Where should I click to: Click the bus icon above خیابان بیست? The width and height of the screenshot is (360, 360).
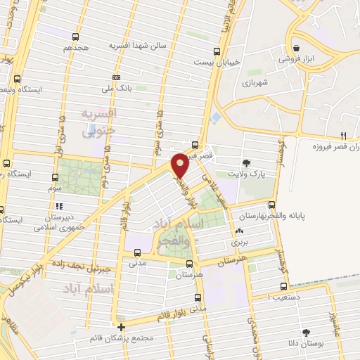click(x=216, y=51)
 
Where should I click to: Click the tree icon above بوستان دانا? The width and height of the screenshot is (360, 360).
click(x=306, y=332)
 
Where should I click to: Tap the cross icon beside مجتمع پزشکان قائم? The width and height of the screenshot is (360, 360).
click(x=122, y=327)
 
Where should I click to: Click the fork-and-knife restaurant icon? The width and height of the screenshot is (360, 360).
click(x=343, y=135)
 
